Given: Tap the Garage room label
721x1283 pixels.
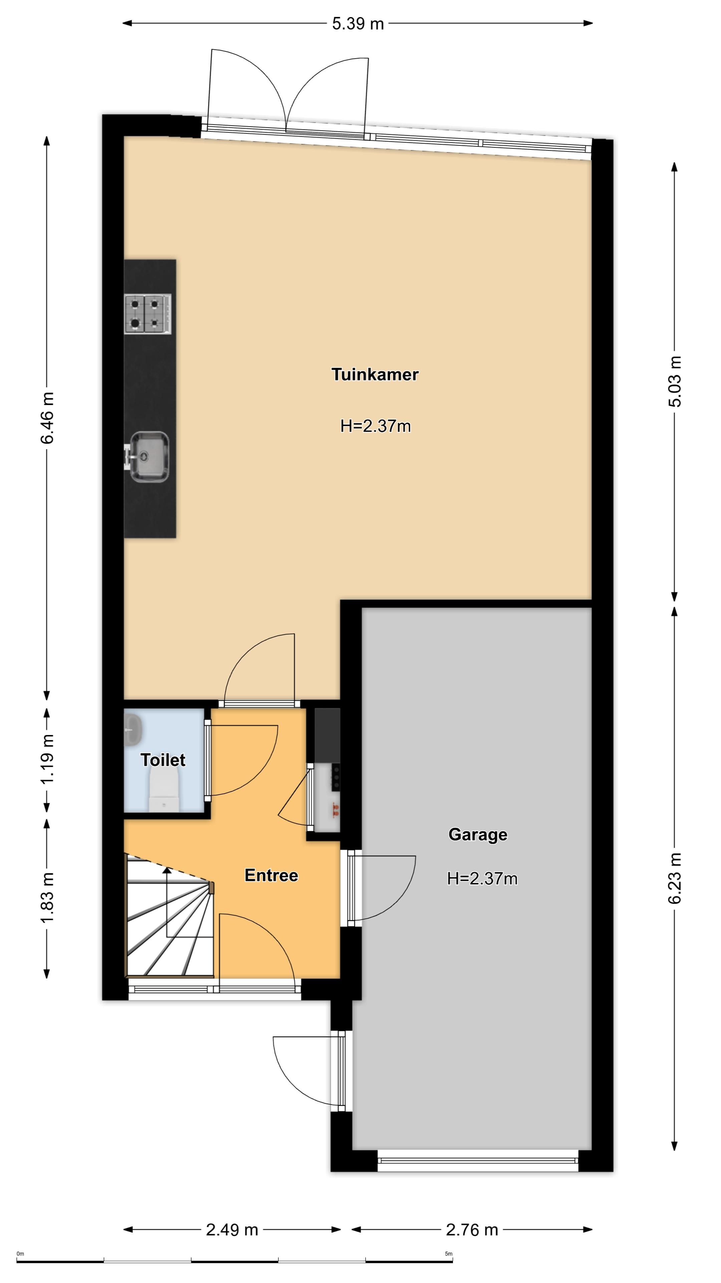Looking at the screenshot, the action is pyautogui.click(x=478, y=834).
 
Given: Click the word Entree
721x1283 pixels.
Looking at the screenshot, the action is pyautogui.click(x=271, y=875).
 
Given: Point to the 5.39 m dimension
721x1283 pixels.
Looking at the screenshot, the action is pyautogui.click(x=358, y=23).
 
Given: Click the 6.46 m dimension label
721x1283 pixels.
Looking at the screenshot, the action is pyautogui.click(x=47, y=417).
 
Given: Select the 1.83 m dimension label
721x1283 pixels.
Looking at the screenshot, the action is pyautogui.click(x=47, y=897).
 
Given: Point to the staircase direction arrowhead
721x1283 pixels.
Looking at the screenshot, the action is pyautogui.click(x=167, y=870).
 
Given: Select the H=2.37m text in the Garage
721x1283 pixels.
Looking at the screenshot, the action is pyautogui.click(x=482, y=878).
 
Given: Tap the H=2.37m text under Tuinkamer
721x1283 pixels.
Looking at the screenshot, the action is pyautogui.click(x=376, y=426).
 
